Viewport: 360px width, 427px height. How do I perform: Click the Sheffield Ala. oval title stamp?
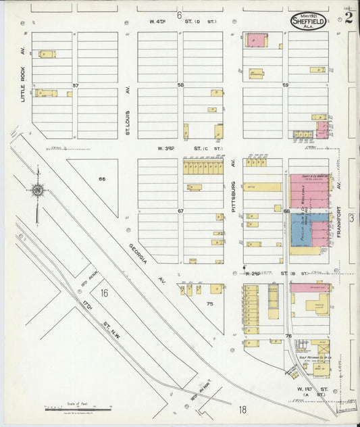pos(308,20)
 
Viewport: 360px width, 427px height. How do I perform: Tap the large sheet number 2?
pos(348,18)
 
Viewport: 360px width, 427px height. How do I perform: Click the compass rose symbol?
pos(38,191)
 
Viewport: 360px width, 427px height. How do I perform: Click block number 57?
pos(76,85)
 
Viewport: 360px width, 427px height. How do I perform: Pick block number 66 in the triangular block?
pos(102,179)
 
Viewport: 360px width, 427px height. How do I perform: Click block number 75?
pos(210,304)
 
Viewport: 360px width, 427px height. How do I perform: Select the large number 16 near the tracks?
pos(103,293)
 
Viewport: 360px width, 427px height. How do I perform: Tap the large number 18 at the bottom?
pos(242,409)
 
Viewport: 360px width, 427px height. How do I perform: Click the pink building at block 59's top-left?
pos(255,41)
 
